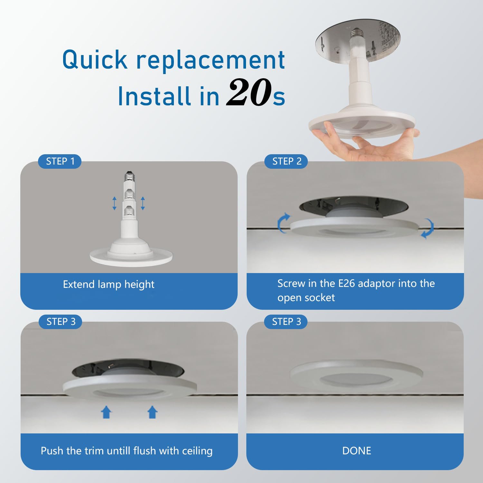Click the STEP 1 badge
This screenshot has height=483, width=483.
[60, 161]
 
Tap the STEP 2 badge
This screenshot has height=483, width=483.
[287, 161]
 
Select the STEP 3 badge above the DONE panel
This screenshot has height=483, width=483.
[286, 322]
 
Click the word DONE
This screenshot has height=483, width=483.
[356, 450]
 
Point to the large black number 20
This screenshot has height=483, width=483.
[249, 93]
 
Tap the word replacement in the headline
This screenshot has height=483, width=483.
[211, 60]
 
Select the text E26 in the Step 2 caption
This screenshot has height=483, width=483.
[347, 283]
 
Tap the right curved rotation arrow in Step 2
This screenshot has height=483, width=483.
[428, 228]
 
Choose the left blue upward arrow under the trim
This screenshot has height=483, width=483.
[106, 412]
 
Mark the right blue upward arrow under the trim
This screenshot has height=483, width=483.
[152, 412]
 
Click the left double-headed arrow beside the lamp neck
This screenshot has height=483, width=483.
[114, 204]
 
